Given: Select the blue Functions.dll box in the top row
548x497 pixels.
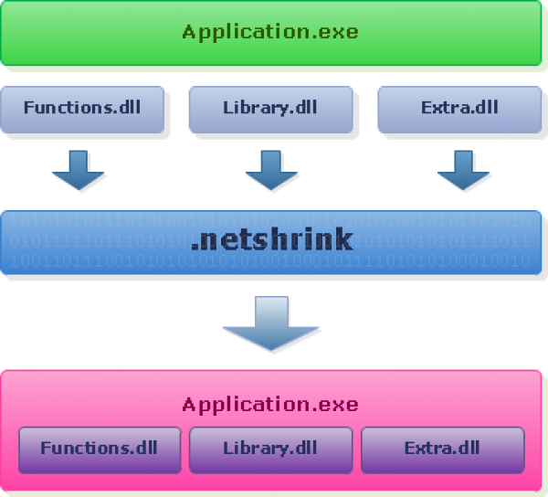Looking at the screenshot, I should tap(83, 108).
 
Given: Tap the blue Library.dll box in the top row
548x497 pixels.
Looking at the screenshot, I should tap(270, 108).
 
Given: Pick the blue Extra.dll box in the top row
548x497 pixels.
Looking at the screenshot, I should tap(459, 108).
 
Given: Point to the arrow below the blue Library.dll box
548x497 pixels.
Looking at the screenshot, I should tap(271, 170).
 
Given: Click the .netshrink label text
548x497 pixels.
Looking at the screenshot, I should tap(271, 240).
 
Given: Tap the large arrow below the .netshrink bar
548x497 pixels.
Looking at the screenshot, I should tap(271, 323).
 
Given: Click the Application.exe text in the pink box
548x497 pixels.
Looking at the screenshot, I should tap(270, 405).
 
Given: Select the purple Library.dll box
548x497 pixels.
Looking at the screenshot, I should tap(270, 449).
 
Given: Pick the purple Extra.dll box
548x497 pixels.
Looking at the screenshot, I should tap(442, 449).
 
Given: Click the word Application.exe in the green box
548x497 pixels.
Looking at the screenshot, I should tap(270, 33).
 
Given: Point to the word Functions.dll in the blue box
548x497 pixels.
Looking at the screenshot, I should tap(83, 107).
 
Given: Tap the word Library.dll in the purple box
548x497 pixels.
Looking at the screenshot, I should tap(270, 449).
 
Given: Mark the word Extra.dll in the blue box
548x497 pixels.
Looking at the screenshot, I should tap(459, 107).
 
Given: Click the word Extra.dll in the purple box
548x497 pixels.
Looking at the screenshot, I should tap(442, 449).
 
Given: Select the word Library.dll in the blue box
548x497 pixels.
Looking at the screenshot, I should tap(270, 107).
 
